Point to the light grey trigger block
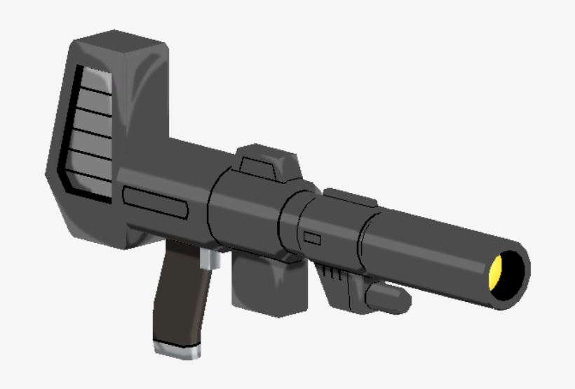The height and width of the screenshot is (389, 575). click(210, 261)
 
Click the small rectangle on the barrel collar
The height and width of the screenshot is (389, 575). click(312, 239)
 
